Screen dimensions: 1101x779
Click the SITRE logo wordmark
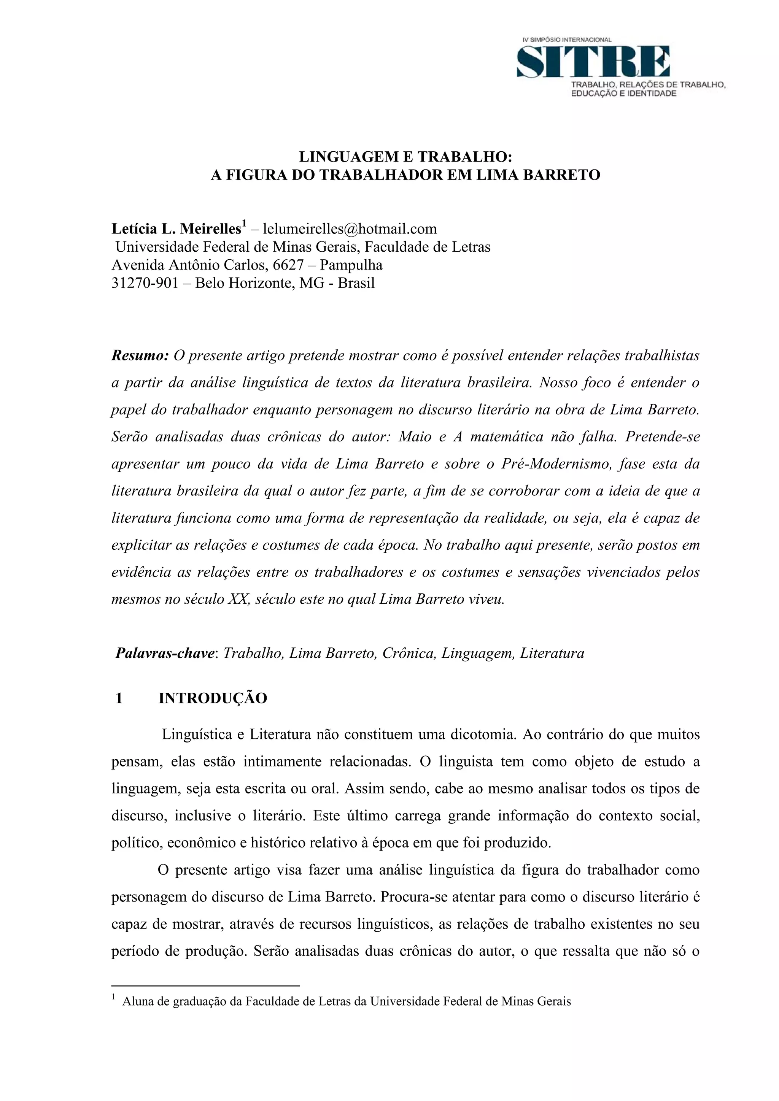593,61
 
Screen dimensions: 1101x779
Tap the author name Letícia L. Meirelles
176,229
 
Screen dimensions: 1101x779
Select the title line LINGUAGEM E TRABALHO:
405,157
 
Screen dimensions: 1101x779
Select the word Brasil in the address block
356,283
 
